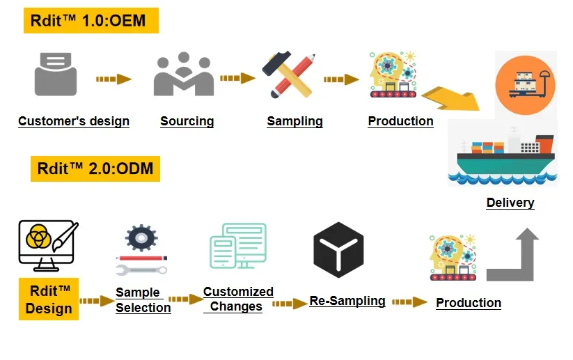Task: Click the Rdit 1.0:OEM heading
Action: tap(91, 21)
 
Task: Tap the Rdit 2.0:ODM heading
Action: tap(95, 169)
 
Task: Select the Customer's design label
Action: tap(74, 121)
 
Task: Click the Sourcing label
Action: tap(187, 121)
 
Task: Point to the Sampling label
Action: tap(295, 121)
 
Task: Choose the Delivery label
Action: tap(510, 203)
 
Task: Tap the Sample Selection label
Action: tap(143, 300)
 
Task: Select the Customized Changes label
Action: tap(237, 299)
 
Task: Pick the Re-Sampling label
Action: tap(347, 301)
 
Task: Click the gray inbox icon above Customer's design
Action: tap(55, 74)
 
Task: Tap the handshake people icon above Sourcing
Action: tap(183, 75)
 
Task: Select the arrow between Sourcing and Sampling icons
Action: tap(237, 79)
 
